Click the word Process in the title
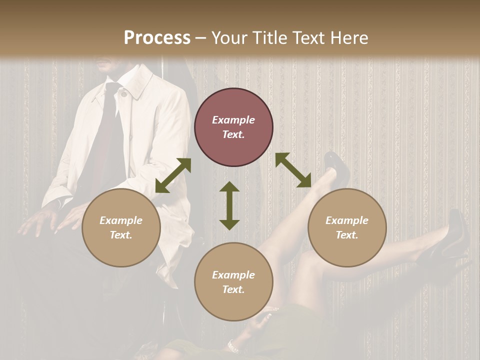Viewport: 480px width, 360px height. point(157,38)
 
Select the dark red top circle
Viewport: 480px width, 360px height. point(233,127)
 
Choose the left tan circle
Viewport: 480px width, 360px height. point(121,227)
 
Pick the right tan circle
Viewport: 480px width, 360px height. point(347,227)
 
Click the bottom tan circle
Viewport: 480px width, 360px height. point(233,282)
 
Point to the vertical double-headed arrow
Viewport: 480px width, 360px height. point(229,205)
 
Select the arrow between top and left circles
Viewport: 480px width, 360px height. point(173,175)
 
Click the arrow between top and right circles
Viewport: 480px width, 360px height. point(293,170)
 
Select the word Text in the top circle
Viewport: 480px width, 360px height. point(233,134)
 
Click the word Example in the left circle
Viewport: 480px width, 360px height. point(121,220)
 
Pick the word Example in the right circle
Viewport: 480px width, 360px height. point(347,220)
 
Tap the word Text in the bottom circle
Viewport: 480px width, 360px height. point(233,289)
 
